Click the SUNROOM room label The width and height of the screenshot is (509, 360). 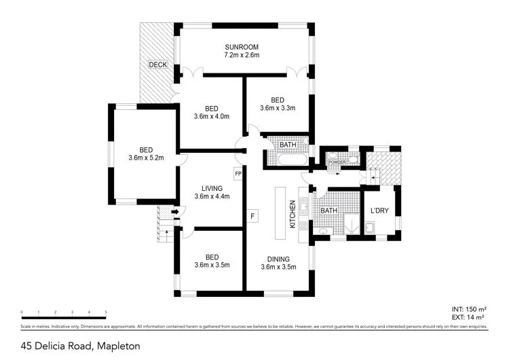(x=242, y=47)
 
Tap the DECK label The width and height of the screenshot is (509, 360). (x=158, y=65)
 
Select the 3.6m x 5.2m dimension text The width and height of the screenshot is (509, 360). (x=146, y=159)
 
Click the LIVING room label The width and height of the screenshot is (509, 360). (x=212, y=188)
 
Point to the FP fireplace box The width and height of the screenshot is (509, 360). (x=238, y=174)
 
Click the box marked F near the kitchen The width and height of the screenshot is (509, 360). (x=252, y=217)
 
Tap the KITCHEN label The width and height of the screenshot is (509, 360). (x=293, y=213)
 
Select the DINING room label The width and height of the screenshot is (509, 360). (x=278, y=259)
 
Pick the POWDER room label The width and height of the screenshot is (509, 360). (x=337, y=163)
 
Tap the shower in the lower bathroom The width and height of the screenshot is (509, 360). (x=352, y=225)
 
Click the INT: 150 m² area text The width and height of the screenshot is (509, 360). (x=468, y=308)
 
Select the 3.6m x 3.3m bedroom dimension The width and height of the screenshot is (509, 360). (x=278, y=107)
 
